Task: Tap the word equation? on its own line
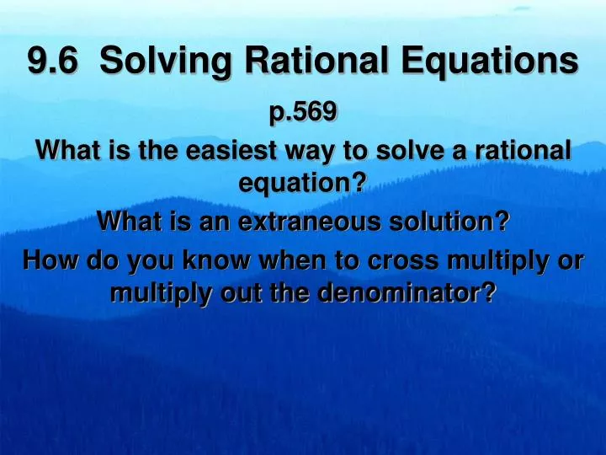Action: tap(302, 182)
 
